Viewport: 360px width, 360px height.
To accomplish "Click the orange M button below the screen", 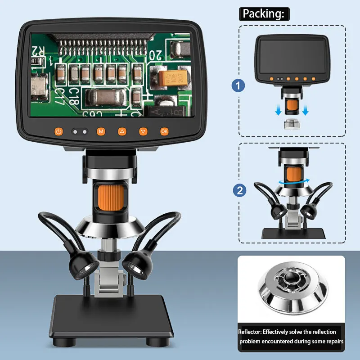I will (x=101, y=131).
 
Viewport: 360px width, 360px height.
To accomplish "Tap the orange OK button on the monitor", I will (x=164, y=131).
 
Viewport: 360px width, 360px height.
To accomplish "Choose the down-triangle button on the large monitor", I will (x=143, y=131).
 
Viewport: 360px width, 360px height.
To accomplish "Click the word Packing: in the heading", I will (x=263, y=13).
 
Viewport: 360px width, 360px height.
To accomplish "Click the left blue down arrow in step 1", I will (x=279, y=109).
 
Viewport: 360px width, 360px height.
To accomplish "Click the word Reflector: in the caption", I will (x=254, y=332).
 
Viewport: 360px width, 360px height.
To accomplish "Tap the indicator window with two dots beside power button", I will (x=80, y=132).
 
